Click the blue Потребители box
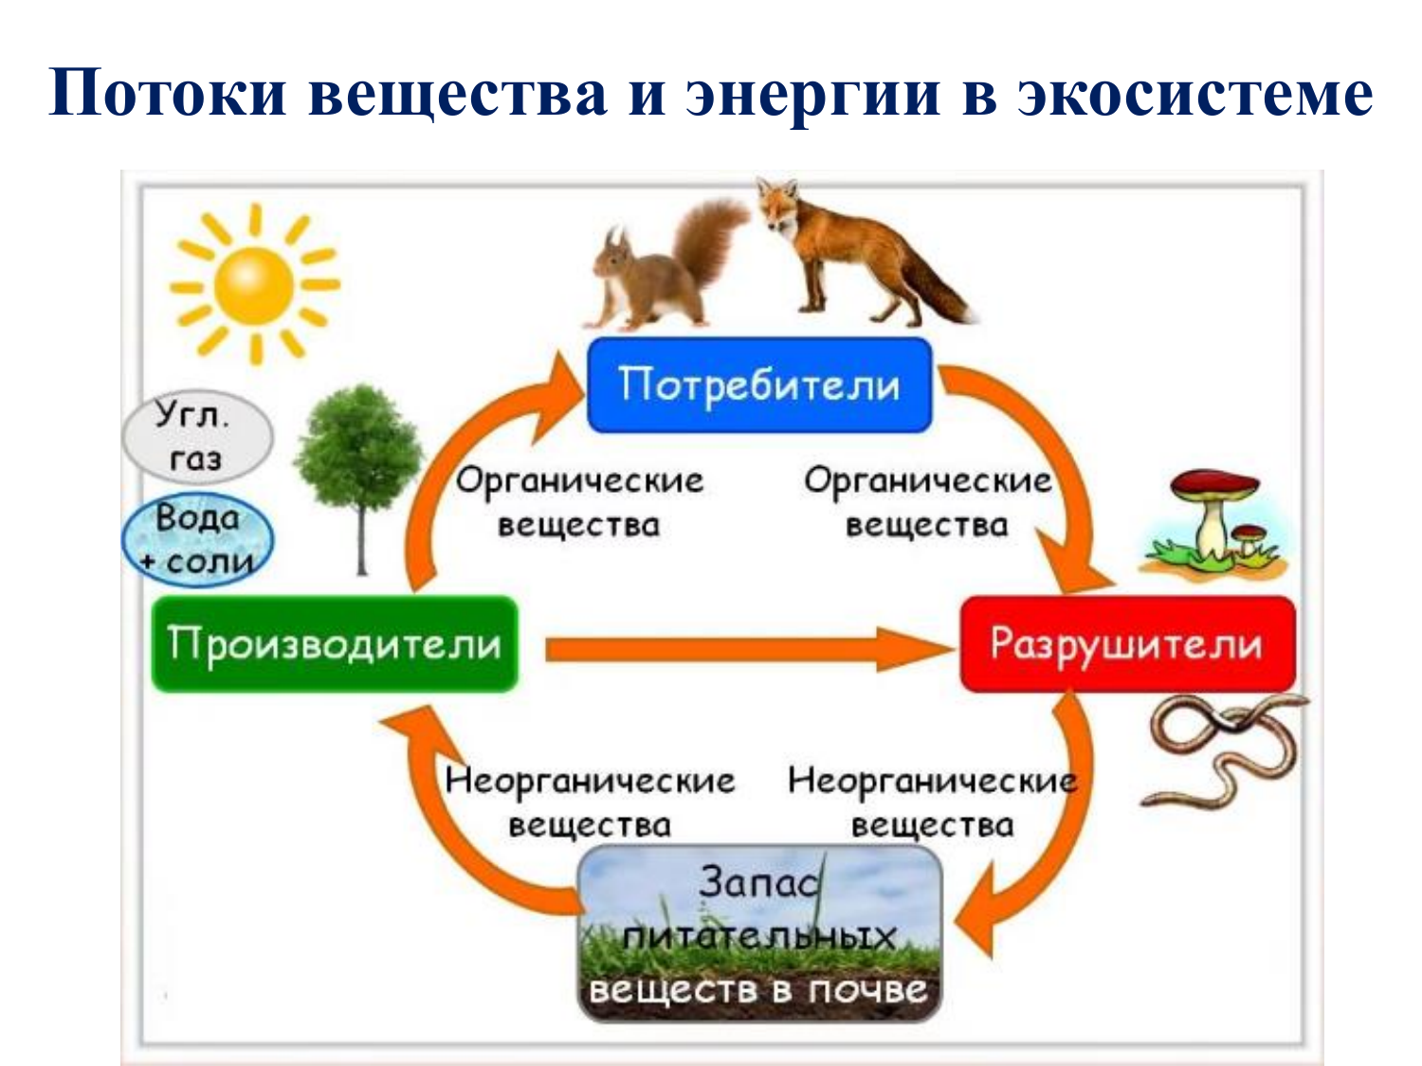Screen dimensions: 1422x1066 759,385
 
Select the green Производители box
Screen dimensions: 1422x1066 335,644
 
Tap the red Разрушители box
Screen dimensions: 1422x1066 1128,644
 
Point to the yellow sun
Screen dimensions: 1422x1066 255,285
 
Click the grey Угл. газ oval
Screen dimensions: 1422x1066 197,437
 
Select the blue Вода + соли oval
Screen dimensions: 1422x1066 197,540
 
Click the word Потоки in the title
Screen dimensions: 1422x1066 167,93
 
